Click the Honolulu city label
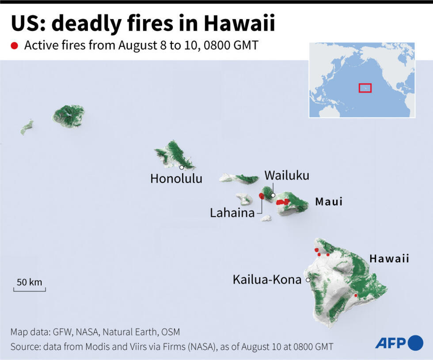[x=176, y=178]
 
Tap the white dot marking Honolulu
[x=182, y=167]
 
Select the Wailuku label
[x=287, y=175]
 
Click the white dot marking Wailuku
[x=273, y=195]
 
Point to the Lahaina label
[x=232, y=213]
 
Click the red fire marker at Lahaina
[x=262, y=196]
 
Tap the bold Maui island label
[x=329, y=202]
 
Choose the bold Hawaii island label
[x=389, y=258]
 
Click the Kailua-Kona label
[x=267, y=280]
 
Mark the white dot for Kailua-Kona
[x=308, y=280]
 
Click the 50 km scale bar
[x=30, y=289]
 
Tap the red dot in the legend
[x=15, y=45]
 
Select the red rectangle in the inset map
[x=365, y=88]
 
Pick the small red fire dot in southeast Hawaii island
[x=356, y=296]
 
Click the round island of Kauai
[x=68, y=115]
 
